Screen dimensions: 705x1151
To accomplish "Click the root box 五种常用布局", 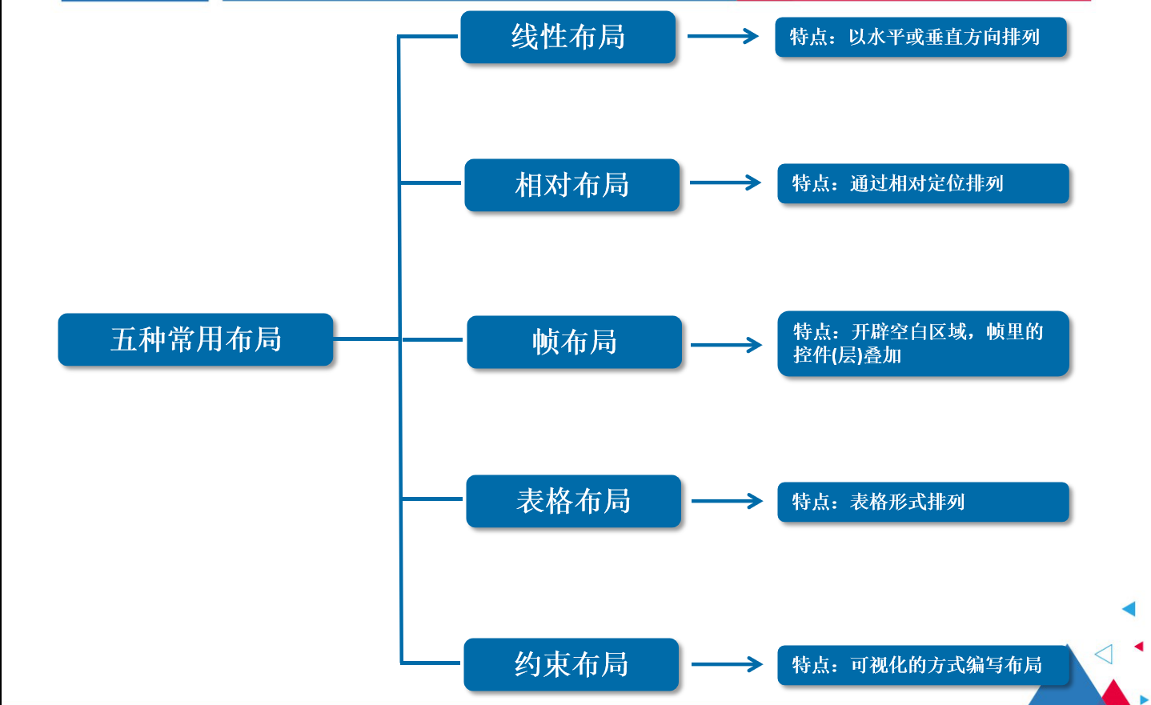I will tap(195, 339).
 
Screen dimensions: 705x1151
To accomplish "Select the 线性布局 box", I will tap(568, 37).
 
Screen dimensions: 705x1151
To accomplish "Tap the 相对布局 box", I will tap(571, 185).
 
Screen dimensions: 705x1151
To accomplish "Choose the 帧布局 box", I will tap(574, 342).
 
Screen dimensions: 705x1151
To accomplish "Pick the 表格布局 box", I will tap(573, 501).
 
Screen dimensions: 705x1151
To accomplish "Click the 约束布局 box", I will tap(571, 664).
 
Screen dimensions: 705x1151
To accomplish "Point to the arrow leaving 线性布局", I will tap(723, 36).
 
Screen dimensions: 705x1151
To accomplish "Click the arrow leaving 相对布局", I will tap(725, 182).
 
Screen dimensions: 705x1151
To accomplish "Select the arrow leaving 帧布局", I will tap(726, 345).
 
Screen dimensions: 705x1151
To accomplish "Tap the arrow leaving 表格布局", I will tap(727, 501).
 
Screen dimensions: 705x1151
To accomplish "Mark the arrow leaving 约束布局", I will tap(727, 664).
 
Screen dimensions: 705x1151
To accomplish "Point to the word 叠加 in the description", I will tap(883, 355).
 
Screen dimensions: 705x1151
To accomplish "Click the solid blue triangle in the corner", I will tap(1129, 609).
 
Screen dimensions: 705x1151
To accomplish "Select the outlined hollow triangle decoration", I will tap(1105, 654).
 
